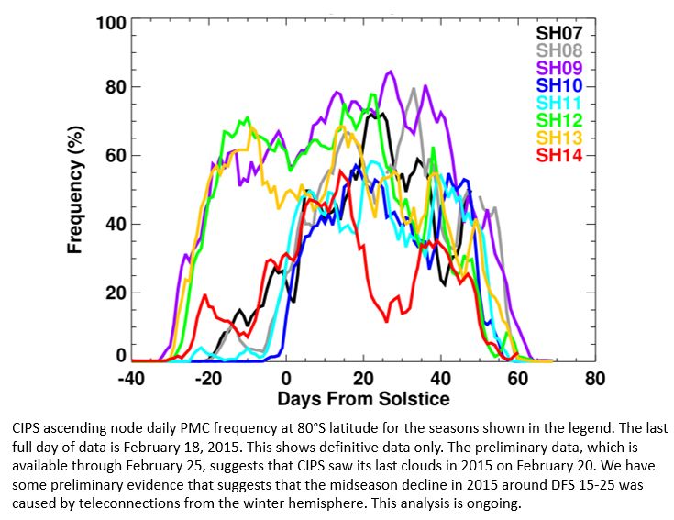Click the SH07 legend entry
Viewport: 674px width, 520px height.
pyautogui.click(x=559, y=32)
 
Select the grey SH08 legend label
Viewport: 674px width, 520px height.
pyautogui.click(x=559, y=50)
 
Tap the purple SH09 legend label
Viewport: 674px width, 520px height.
pyautogui.click(x=559, y=67)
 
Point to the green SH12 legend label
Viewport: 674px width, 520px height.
pyautogui.click(x=559, y=119)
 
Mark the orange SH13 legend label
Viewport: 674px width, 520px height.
pyautogui.click(x=559, y=137)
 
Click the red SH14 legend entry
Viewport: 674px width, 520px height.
pyautogui.click(x=559, y=154)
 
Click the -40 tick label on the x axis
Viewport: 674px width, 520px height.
pyautogui.click(x=131, y=378)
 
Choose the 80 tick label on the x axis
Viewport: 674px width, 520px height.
pyautogui.click(x=595, y=378)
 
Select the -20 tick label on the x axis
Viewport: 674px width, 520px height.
pyautogui.click(x=208, y=378)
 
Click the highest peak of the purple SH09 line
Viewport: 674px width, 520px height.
pyautogui.click(x=392, y=72)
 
